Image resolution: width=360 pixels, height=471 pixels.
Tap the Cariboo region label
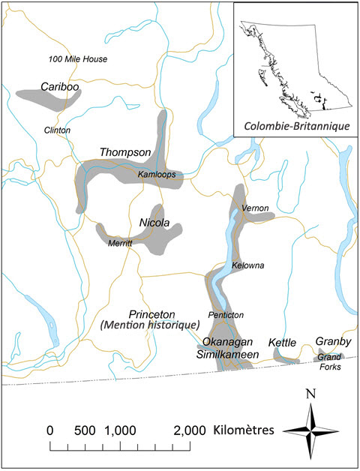(x=61, y=86)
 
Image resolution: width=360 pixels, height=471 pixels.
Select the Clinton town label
(x=57, y=130)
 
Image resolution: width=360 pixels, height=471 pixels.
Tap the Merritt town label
(x=119, y=244)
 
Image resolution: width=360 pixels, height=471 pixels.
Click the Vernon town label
(x=255, y=208)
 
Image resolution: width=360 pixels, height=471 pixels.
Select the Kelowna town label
(x=248, y=266)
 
